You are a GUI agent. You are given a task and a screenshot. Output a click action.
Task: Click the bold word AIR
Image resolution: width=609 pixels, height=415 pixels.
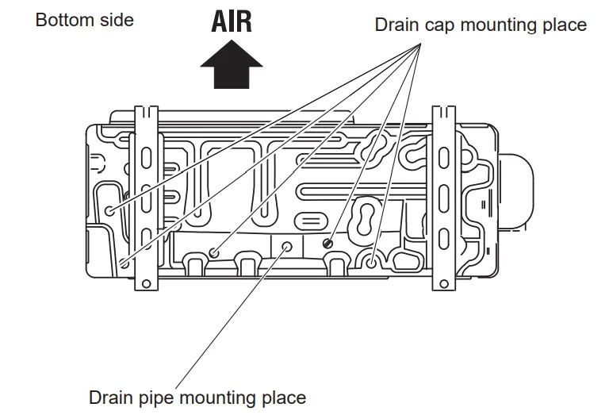coord(232,21)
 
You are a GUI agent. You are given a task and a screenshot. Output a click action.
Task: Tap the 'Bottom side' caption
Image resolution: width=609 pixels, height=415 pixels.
coord(85,20)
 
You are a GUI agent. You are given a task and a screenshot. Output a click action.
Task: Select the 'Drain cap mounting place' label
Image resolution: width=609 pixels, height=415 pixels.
coord(481,25)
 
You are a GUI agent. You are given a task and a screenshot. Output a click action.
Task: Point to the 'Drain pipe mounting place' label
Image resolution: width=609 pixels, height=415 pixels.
coord(197,396)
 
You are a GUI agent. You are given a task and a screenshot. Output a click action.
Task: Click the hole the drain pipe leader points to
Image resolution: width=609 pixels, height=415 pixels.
coord(287,247)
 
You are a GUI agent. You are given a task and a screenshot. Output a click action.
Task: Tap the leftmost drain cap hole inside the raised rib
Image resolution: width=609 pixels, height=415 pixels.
coord(109,211)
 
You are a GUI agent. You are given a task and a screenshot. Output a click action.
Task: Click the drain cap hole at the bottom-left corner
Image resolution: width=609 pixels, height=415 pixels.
coord(124,264)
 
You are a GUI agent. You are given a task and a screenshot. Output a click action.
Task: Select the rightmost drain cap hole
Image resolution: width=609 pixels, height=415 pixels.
coord(372,259)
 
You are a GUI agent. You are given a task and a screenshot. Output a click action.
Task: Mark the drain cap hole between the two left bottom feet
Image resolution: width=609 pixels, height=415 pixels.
coord(214,253)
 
